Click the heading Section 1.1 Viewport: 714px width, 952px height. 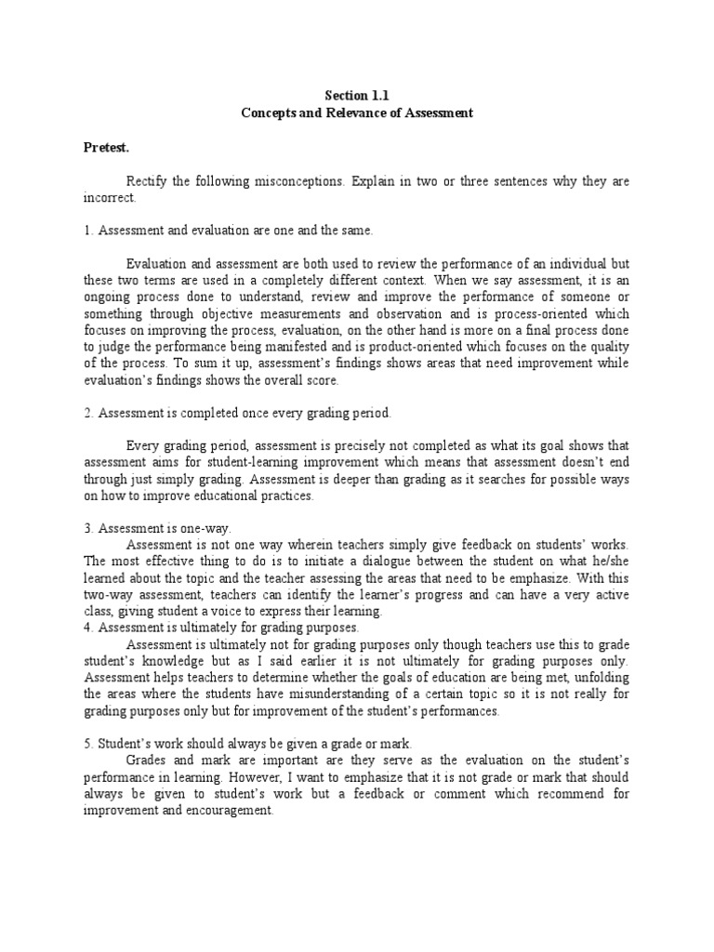click(357, 94)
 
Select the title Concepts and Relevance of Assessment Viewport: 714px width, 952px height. click(357, 112)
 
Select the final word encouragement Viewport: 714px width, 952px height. click(224, 810)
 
